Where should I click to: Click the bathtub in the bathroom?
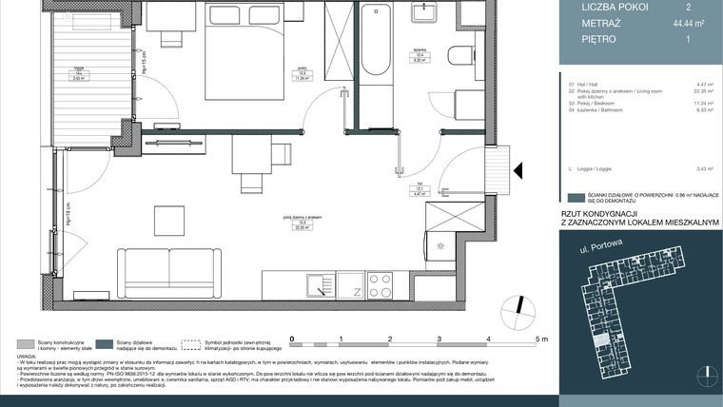375,43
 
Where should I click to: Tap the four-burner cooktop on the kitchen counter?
380,284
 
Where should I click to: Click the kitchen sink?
314,283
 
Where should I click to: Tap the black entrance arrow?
519,170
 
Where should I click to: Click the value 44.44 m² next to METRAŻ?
688,23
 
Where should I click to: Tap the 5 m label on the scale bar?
540,338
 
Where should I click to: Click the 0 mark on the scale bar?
292,338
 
